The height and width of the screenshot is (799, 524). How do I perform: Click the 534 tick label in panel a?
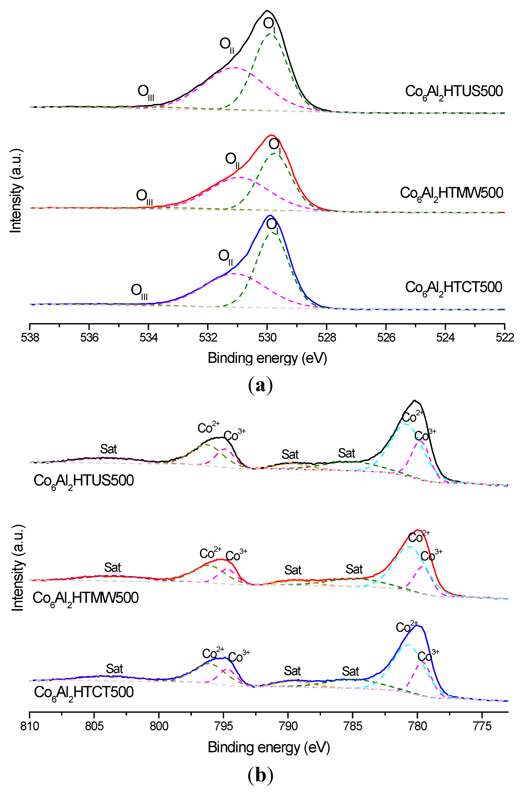[148, 337]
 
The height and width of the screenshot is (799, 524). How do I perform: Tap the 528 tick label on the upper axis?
[327, 337]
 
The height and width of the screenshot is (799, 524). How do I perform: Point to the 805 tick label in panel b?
[94, 726]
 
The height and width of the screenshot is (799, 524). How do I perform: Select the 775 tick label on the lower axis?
[482, 726]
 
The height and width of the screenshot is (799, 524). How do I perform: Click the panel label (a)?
[261, 386]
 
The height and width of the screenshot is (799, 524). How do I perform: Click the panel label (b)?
[261, 776]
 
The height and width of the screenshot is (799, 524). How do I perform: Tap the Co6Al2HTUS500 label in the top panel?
[454, 92]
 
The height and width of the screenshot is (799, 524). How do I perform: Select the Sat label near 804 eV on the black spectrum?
[108, 449]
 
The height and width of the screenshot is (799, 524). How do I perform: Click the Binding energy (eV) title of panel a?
[267, 358]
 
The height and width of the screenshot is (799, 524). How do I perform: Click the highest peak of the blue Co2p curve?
[417, 625]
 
